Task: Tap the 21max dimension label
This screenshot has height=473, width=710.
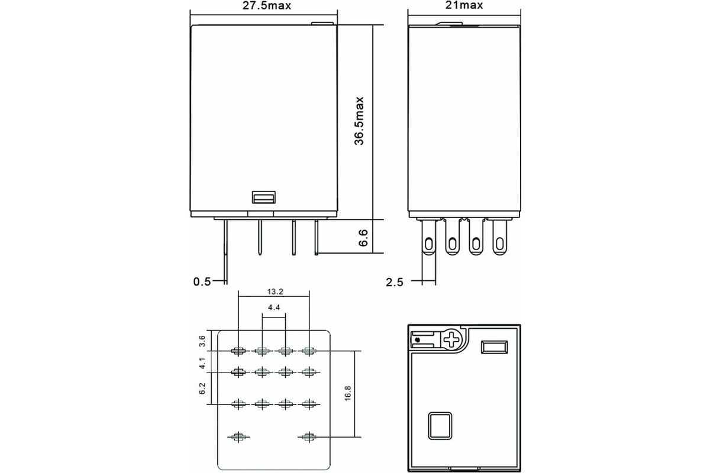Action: coord(464,5)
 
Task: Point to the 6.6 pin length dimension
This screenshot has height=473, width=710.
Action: coord(364,238)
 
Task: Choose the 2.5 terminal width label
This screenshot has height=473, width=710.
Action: coord(394,282)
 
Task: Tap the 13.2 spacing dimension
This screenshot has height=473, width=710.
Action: coord(274,291)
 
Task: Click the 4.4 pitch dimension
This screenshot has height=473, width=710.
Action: coord(274,308)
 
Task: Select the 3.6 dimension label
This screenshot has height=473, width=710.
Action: coord(202,341)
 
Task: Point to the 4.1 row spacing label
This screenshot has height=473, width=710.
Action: coord(202,363)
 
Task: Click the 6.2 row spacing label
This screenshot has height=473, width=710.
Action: coord(202,388)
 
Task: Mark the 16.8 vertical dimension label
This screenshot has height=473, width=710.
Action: coord(347,394)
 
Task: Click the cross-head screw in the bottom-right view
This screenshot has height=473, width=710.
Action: coord(452,339)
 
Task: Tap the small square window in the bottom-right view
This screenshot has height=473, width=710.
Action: coord(440,425)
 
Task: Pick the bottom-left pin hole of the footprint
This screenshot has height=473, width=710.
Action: coord(238,437)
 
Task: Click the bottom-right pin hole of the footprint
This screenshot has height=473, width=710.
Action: coord(307,437)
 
